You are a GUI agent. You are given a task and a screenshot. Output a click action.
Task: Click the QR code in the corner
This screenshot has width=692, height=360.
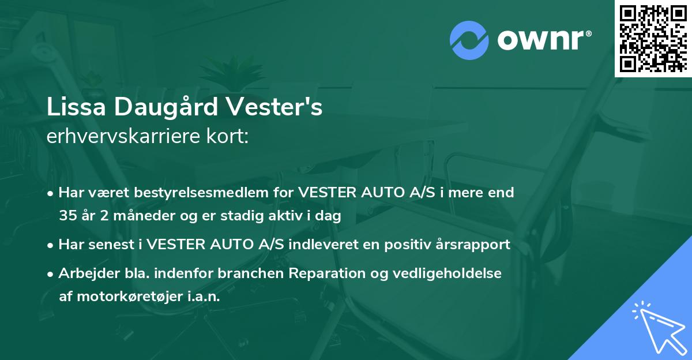click(x=653, y=38)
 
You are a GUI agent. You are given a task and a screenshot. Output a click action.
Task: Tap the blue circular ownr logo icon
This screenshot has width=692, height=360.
click(x=469, y=40)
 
